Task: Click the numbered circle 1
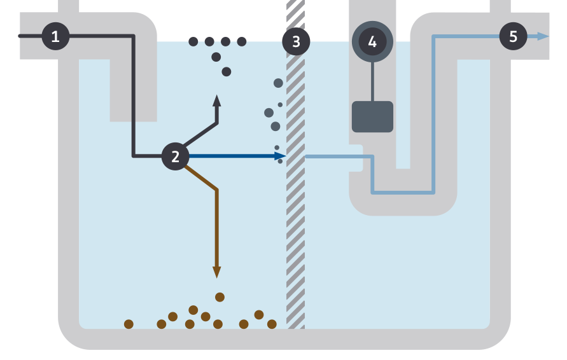(x=55, y=36)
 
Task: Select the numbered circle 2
(x=175, y=156)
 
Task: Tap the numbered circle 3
(x=296, y=42)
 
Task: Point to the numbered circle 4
(x=372, y=42)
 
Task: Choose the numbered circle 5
(x=513, y=36)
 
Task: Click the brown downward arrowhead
(x=217, y=272)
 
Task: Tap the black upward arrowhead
(x=217, y=101)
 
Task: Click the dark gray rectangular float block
(x=372, y=116)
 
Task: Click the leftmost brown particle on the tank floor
(x=129, y=324)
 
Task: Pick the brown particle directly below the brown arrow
(x=220, y=297)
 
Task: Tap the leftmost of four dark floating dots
(x=193, y=42)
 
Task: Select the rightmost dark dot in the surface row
(x=242, y=42)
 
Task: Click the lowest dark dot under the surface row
(x=227, y=72)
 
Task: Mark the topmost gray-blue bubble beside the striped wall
(x=278, y=83)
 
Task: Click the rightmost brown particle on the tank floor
(x=272, y=324)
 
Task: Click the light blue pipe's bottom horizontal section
(x=403, y=191)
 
